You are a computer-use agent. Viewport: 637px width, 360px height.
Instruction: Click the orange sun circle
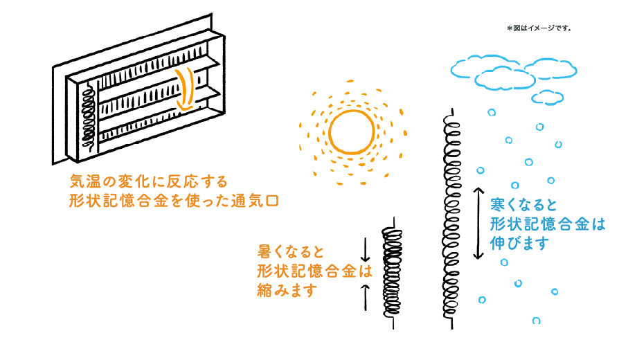tap(352, 132)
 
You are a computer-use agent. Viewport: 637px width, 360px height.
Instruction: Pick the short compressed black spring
tap(392, 270)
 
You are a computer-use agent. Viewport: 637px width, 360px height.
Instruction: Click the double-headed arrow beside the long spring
tap(478, 223)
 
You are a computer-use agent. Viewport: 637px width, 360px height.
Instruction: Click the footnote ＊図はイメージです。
tap(539, 28)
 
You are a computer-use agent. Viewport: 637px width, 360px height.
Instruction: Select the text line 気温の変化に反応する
tap(149, 181)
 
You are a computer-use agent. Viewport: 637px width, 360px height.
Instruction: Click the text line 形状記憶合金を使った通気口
tap(173, 201)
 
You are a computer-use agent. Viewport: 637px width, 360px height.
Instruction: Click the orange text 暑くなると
tap(291, 251)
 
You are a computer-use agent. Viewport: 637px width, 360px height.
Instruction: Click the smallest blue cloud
tap(547, 97)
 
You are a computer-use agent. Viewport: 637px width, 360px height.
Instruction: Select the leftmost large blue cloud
tap(478, 66)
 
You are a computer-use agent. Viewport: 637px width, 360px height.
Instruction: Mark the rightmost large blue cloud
tap(551, 68)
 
